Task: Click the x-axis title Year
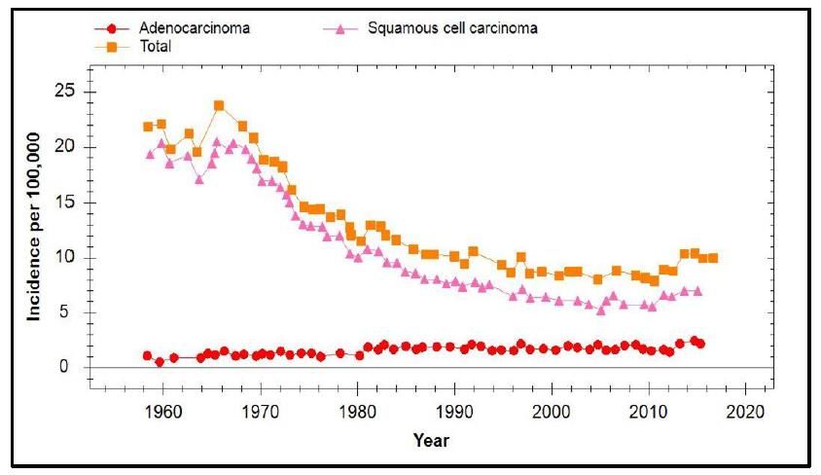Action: pos(431,440)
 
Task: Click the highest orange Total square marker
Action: pos(219,105)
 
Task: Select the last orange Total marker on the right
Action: pos(713,258)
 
